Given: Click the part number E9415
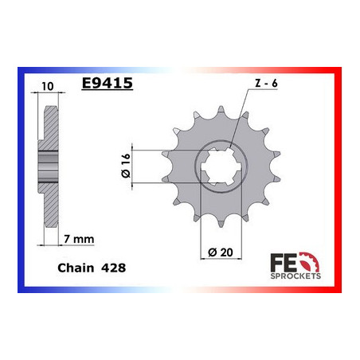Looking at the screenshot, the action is coord(108,83).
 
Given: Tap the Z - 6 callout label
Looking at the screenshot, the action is coord(266,84).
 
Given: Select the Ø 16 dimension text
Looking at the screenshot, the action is coord(126,165).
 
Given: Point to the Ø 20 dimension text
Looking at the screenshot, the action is coord(221,252).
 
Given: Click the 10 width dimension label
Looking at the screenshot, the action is coord(48,86).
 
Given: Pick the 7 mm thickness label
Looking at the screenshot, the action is coord(79,239).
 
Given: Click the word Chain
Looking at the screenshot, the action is coord(76,268).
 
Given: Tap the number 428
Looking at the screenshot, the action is coord(113,268).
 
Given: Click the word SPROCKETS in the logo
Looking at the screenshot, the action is coord(295,276).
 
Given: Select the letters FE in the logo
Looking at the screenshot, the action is coord(284,263).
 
